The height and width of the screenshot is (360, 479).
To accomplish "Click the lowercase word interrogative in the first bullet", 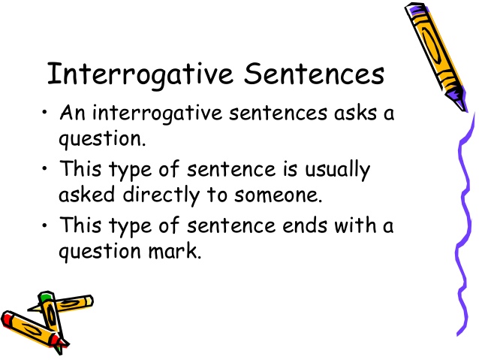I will [x=156, y=116].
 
